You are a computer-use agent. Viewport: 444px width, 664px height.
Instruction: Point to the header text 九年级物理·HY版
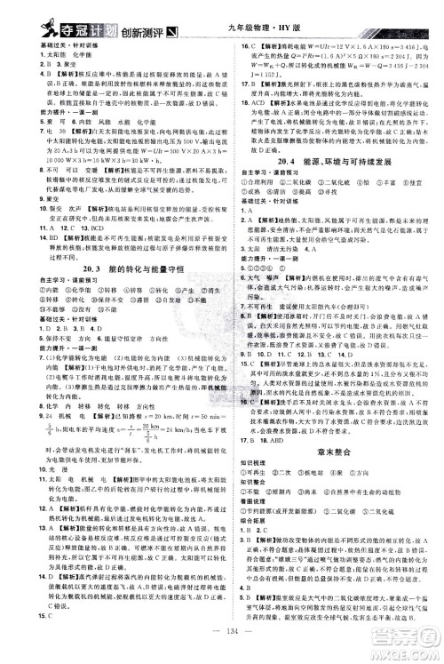[278, 11]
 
